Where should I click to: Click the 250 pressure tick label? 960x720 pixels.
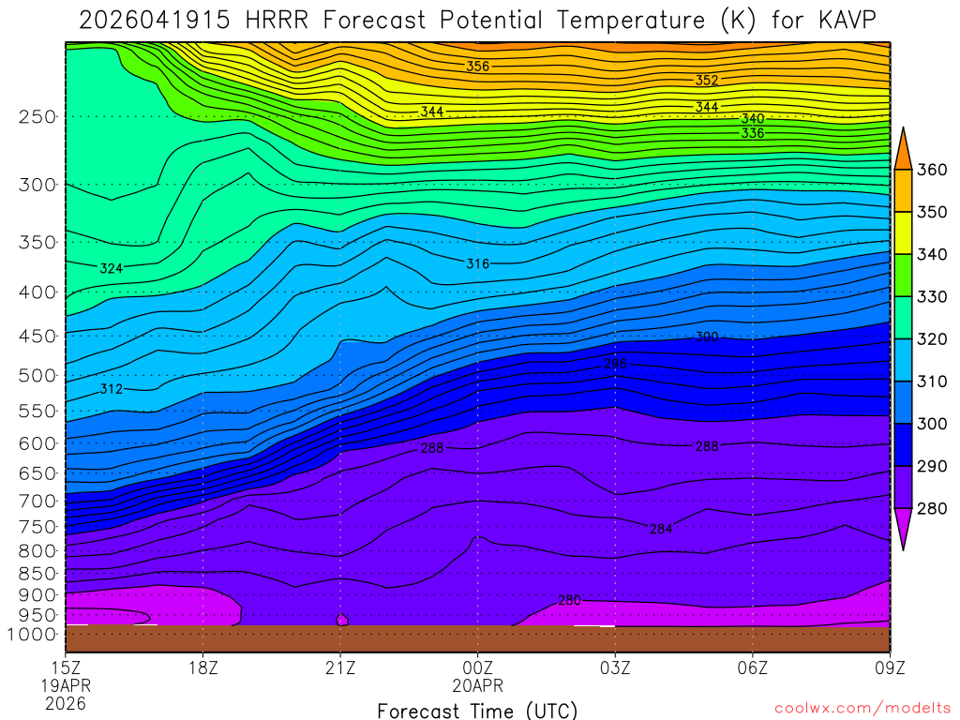pyautogui.click(x=37, y=116)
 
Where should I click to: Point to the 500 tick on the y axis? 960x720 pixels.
pyautogui.click(x=37, y=376)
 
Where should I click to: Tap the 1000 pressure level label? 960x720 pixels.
pyautogui.click(x=33, y=634)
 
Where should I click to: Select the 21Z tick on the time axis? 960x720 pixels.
pyautogui.click(x=340, y=668)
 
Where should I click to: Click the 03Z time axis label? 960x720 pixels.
pyautogui.click(x=615, y=668)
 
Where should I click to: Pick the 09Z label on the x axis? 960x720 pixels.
pyautogui.click(x=889, y=668)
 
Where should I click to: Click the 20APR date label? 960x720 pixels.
pyautogui.click(x=478, y=685)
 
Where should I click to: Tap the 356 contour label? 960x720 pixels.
pyautogui.click(x=478, y=66)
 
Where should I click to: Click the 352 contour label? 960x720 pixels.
pyautogui.click(x=707, y=80)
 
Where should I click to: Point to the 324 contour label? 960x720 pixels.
pyautogui.click(x=112, y=268)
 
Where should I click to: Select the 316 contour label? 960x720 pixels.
pyautogui.click(x=478, y=263)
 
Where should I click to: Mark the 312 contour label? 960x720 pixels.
pyautogui.click(x=112, y=388)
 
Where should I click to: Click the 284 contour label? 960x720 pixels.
pyautogui.click(x=661, y=529)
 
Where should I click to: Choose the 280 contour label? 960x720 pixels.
pyautogui.click(x=569, y=600)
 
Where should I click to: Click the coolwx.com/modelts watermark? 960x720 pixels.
pyautogui.click(x=862, y=707)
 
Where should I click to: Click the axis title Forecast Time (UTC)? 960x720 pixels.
pyautogui.click(x=477, y=711)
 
